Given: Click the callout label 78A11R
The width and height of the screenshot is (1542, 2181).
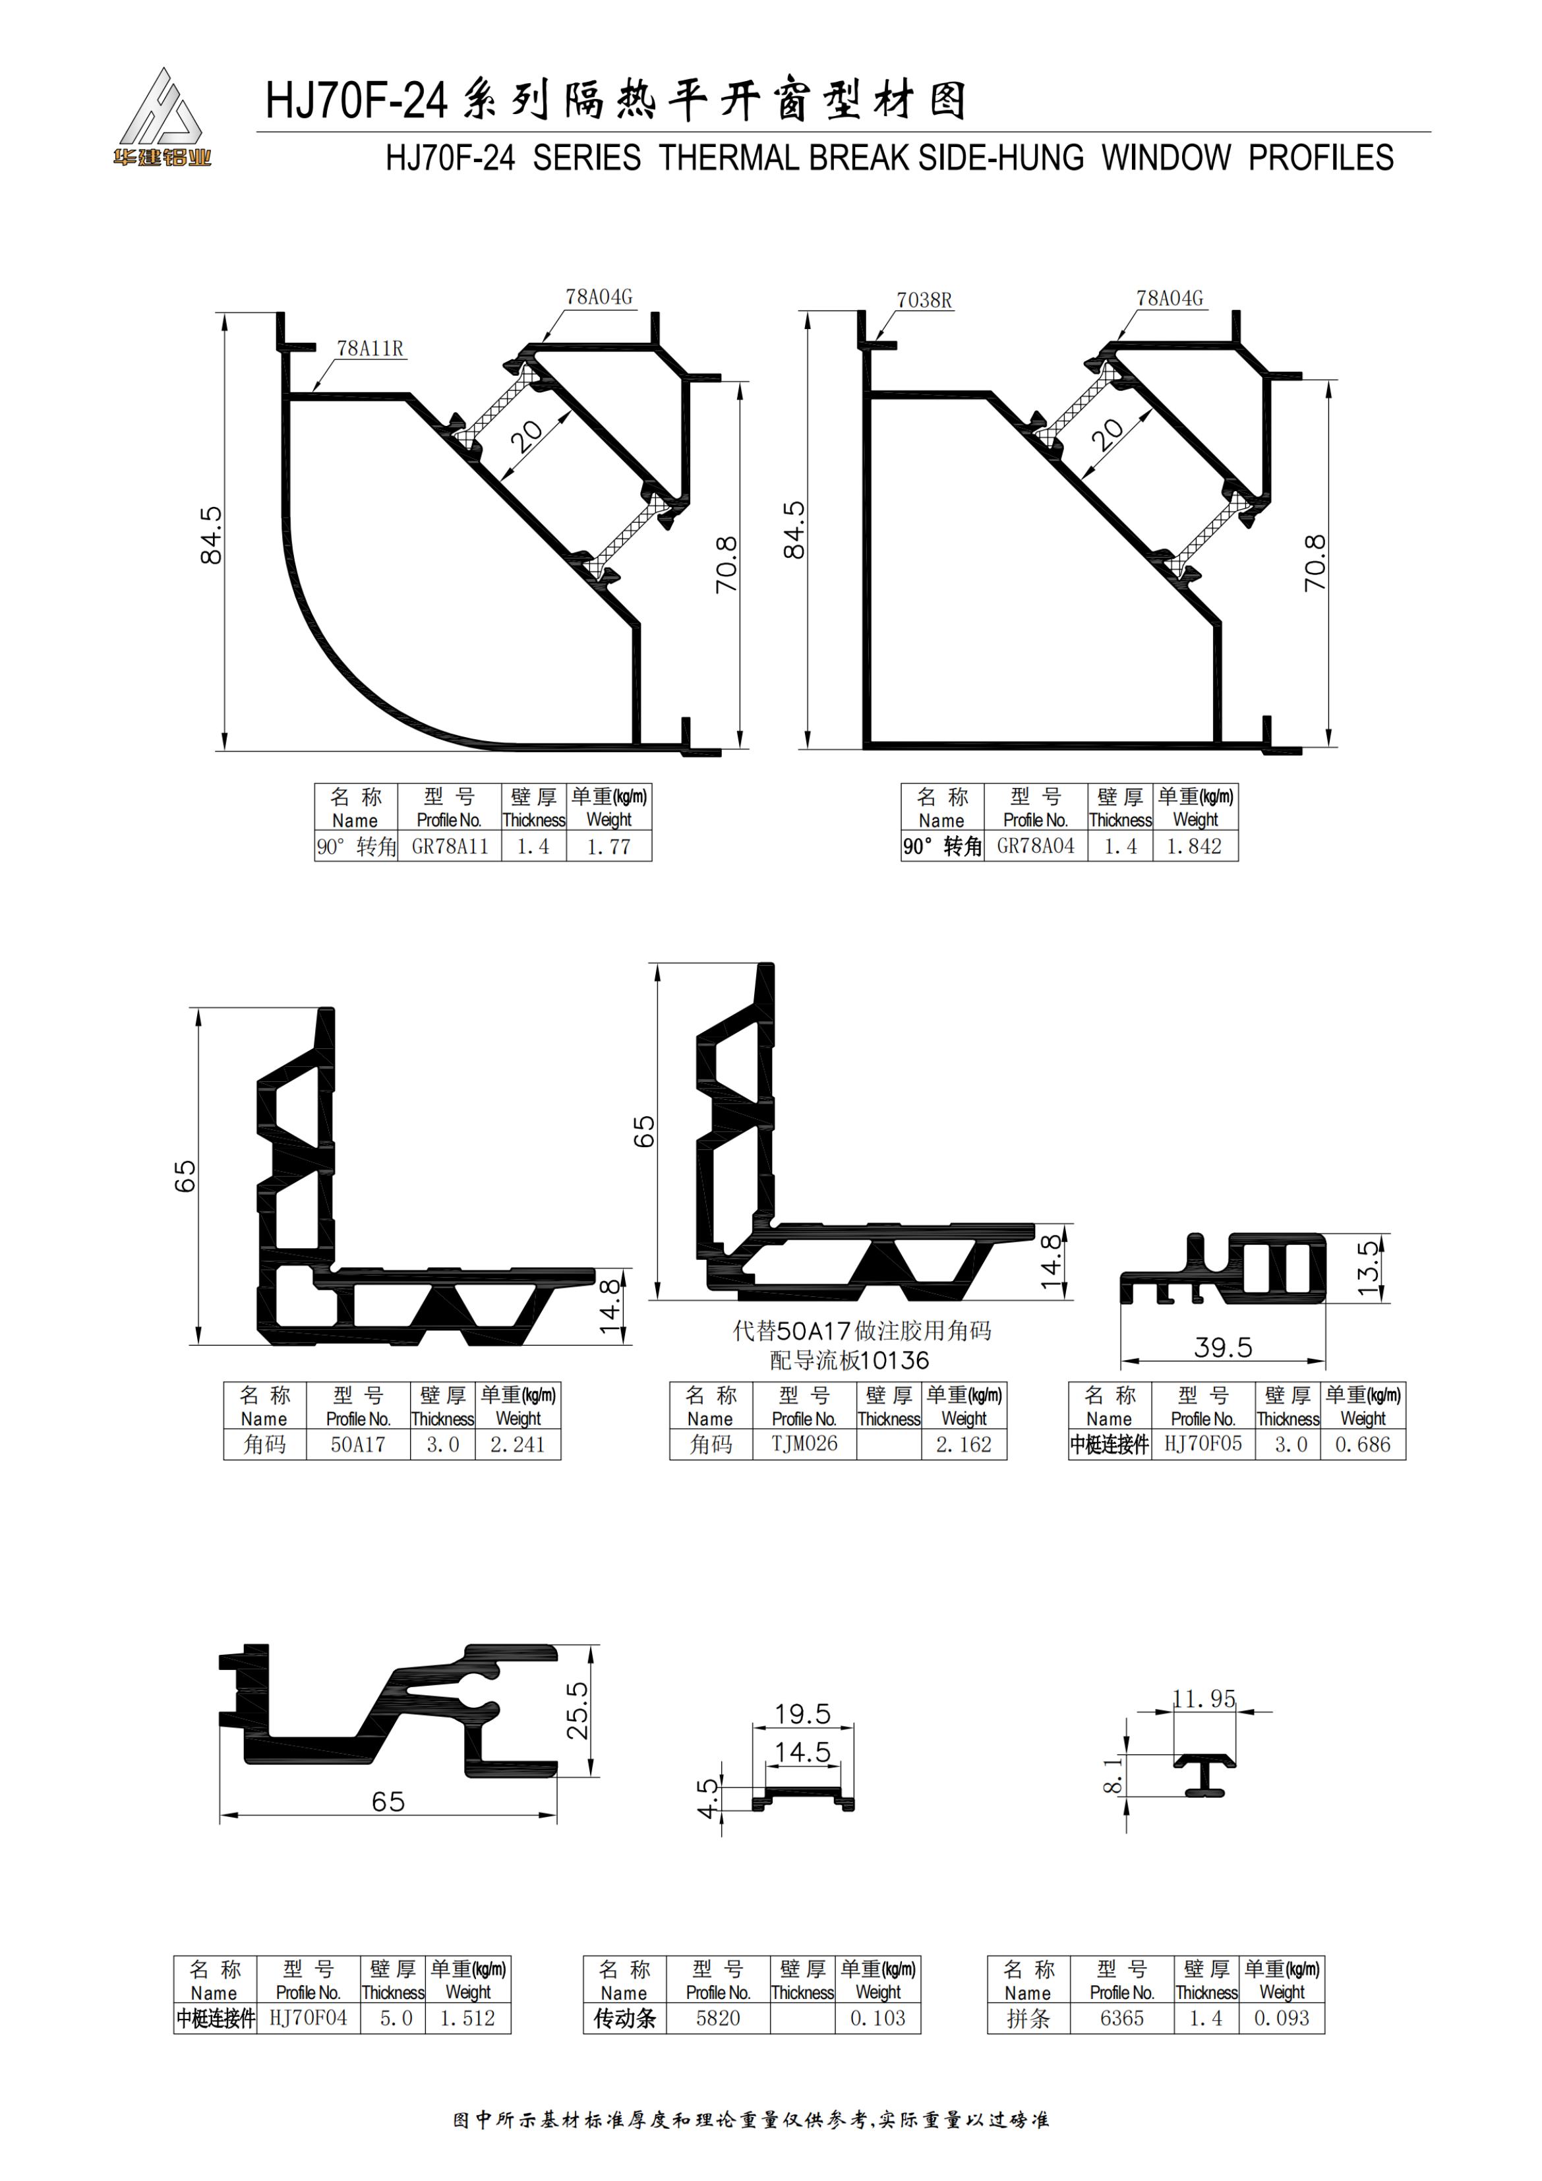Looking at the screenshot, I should pos(370,349).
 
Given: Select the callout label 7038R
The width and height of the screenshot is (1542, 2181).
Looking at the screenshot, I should pos(924,300).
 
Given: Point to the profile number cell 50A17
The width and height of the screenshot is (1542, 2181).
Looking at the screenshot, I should pos(358,1445).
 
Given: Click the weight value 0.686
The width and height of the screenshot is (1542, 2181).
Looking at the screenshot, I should pos(1363,1445).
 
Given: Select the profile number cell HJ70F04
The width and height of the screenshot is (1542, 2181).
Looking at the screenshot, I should pos(308,2019).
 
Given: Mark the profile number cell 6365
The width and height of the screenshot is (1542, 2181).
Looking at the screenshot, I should pos(1121,2019).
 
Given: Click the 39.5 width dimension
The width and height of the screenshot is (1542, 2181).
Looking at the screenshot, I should pos(1223,1348).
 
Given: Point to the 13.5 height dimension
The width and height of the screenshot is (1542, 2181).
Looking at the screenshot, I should pos(1367,1268).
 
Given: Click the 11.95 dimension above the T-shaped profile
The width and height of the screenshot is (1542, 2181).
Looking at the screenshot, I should pos(1204,1698).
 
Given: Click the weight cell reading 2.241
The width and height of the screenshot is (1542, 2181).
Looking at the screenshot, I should pos(518,1445).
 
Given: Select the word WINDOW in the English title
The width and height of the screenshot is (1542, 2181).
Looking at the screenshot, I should pos(1166,158).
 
